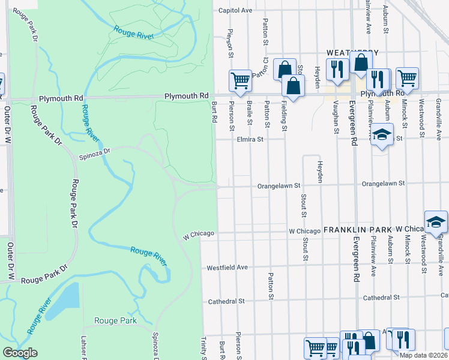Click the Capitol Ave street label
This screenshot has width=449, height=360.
point(235,10)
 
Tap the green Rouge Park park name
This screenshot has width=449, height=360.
point(115,320)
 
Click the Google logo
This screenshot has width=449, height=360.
point(20,353)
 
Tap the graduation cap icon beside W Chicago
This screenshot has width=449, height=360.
point(436,221)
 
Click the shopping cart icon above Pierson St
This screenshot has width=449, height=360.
point(240,80)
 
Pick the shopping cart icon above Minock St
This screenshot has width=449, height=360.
point(407,77)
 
